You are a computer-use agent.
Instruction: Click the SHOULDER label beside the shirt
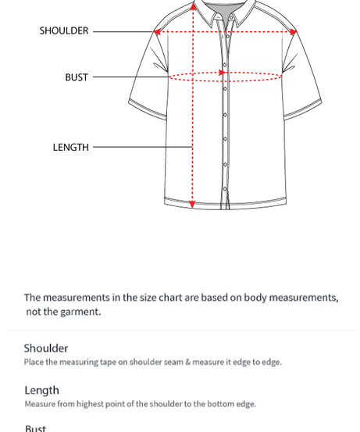(64, 31)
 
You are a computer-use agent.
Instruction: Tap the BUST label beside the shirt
(77, 77)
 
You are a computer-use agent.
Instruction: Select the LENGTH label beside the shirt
(71, 147)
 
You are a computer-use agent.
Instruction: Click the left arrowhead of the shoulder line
(158, 32)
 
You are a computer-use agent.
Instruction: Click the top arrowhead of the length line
(193, 7)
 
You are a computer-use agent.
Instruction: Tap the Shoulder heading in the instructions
(46, 348)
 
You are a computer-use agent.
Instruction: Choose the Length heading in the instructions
(41, 391)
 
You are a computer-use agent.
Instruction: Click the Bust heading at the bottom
(36, 428)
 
